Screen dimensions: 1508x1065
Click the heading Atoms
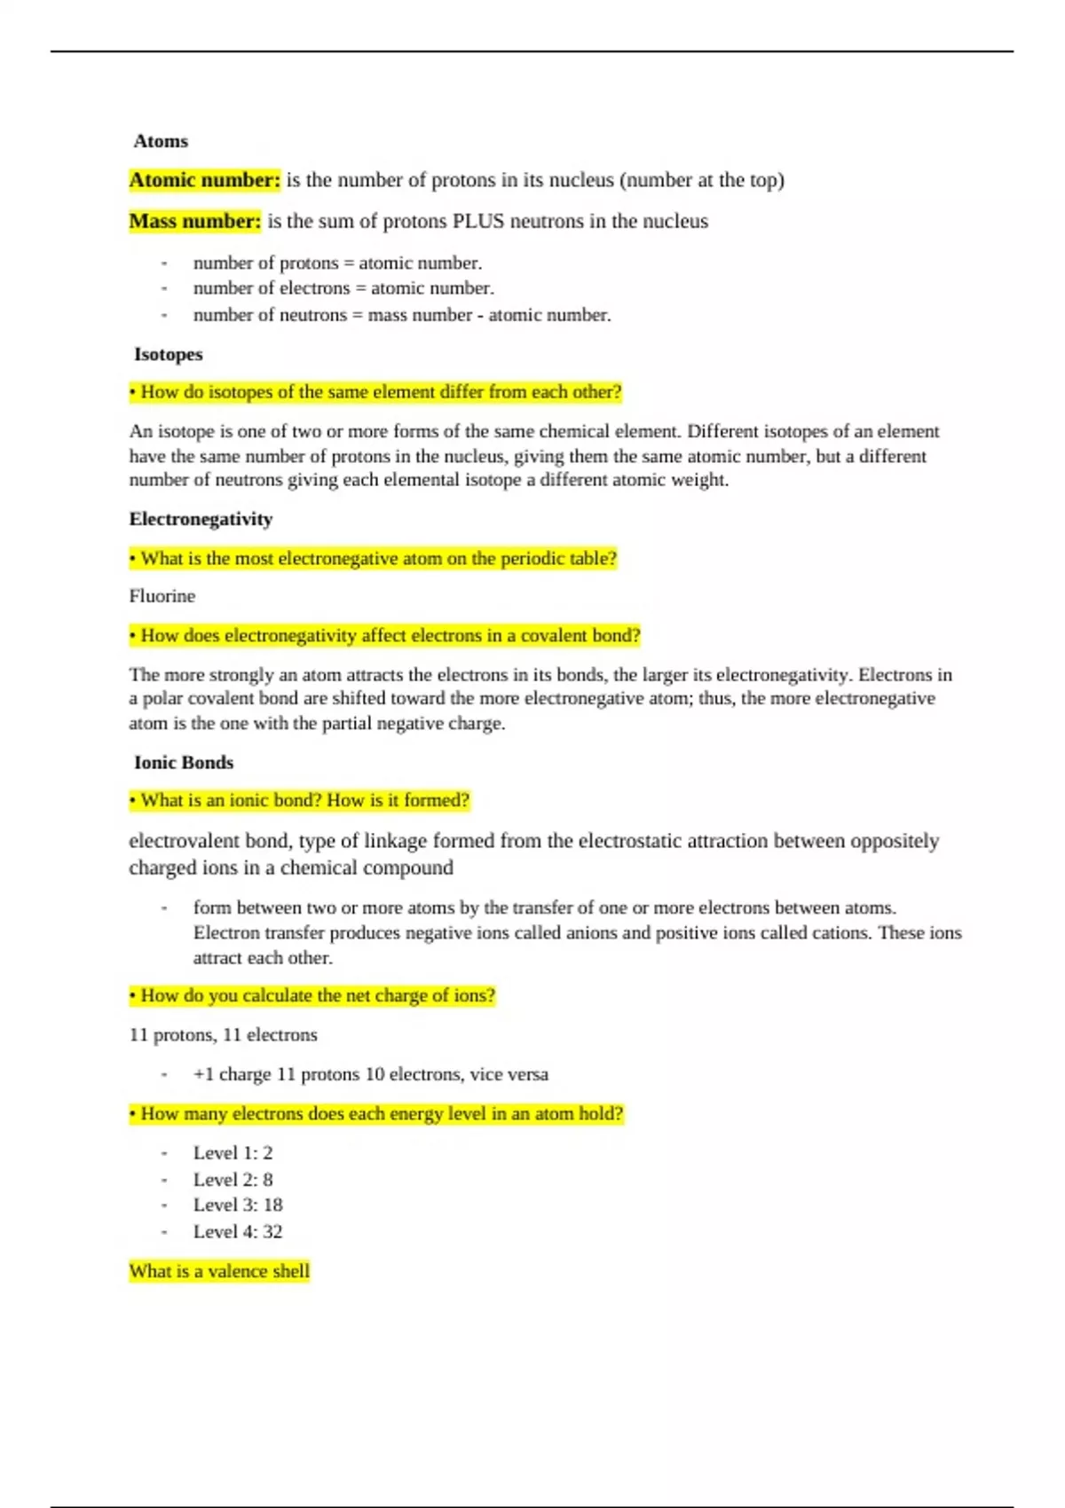pyautogui.click(x=161, y=141)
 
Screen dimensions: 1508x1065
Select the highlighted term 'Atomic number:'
pyautogui.click(x=205, y=180)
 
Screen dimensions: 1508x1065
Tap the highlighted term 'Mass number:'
pyautogui.click(x=195, y=221)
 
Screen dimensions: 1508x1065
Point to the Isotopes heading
pyautogui.click(x=168, y=354)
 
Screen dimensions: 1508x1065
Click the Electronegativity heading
pyautogui.click(x=201, y=519)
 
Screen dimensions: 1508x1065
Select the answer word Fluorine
pyautogui.click(x=162, y=596)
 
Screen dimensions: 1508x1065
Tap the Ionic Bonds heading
pyautogui.click(x=184, y=762)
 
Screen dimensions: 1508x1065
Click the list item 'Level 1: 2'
pyautogui.click(x=233, y=1153)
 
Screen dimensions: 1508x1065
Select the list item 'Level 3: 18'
pyautogui.click(x=238, y=1205)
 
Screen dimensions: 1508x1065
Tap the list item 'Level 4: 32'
pyautogui.click(x=238, y=1231)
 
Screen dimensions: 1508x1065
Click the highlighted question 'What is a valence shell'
pyautogui.click(x=219, y=1271)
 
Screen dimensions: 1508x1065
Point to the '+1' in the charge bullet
pyautogui.click(x=203, y=1074)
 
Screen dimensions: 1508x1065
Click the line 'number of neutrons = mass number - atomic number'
pyautogui.click(x=402, y=315)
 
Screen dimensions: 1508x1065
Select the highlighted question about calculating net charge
pyautogui.click(x=312, y=996)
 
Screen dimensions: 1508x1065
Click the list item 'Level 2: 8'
pyautogui.click(x=233, y=1180)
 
